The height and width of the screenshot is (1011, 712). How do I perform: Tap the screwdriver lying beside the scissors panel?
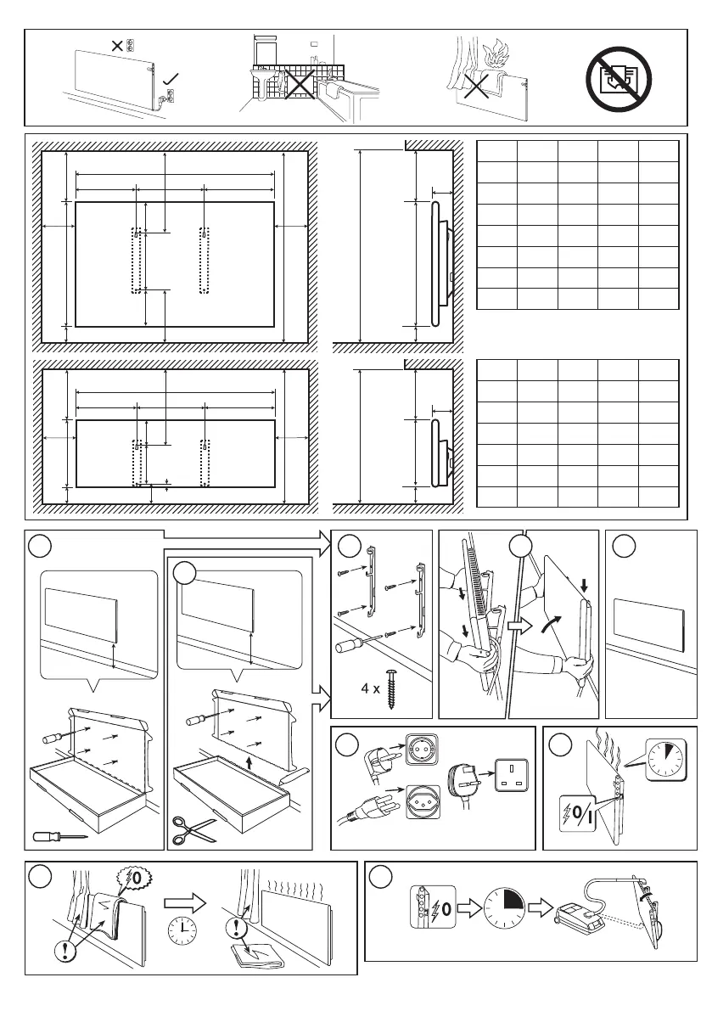(x=59, y=837)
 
